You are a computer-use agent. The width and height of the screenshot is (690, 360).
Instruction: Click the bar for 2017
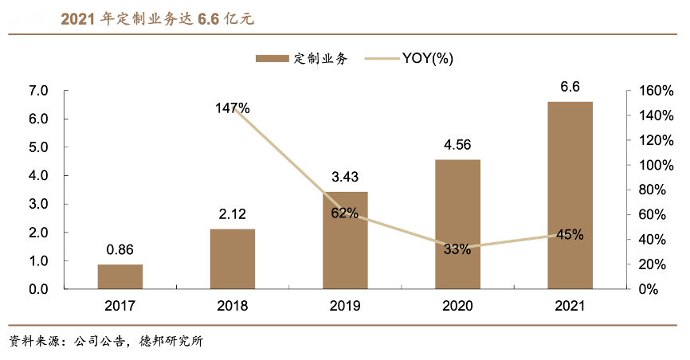tap(120, 276)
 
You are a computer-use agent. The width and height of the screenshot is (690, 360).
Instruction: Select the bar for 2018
tap(233, 259)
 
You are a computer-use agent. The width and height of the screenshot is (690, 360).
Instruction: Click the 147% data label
tap(233, 108)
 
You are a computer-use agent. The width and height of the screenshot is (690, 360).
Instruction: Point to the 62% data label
tap(345, 213)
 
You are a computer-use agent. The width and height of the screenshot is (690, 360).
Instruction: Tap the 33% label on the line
tap(457, 249)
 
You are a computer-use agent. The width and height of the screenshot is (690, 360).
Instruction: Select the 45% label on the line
tap(570, 235)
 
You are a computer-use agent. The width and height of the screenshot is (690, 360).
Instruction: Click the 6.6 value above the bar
tap(570, 87)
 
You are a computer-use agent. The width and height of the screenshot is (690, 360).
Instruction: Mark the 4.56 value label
tap(457, 145)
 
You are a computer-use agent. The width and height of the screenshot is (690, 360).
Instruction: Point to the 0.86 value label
tap(120, 249)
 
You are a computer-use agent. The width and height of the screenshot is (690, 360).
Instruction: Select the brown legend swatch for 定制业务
tap(272, 58)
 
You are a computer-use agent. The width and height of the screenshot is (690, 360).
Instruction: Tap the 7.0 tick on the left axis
tap(38, 91)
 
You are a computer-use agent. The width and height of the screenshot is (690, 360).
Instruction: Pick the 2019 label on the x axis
tap(345, 306)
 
